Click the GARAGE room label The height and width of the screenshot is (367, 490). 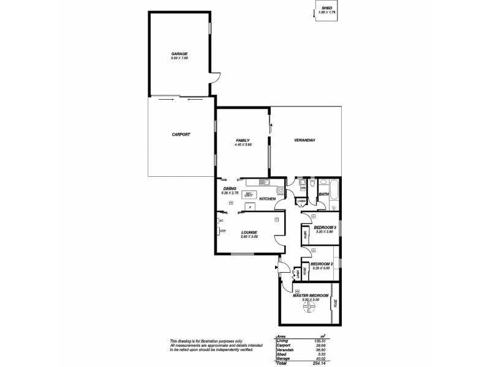pos(179,54)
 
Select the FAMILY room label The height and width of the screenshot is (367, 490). pos(243,140)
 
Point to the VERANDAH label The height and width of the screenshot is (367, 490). pos(304,141)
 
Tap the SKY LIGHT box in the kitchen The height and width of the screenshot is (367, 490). pos(249,195)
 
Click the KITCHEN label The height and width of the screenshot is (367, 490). pos(267,199)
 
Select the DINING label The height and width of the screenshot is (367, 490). pos(229,189)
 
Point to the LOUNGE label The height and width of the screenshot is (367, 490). pos(248,232)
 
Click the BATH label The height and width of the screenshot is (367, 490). pos(324,195)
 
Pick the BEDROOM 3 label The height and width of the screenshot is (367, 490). pos(325,227)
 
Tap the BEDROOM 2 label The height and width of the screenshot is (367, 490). pos(322,264)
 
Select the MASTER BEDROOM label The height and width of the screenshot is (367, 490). pos(307,296)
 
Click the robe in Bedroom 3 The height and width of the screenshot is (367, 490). pos(304,234)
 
